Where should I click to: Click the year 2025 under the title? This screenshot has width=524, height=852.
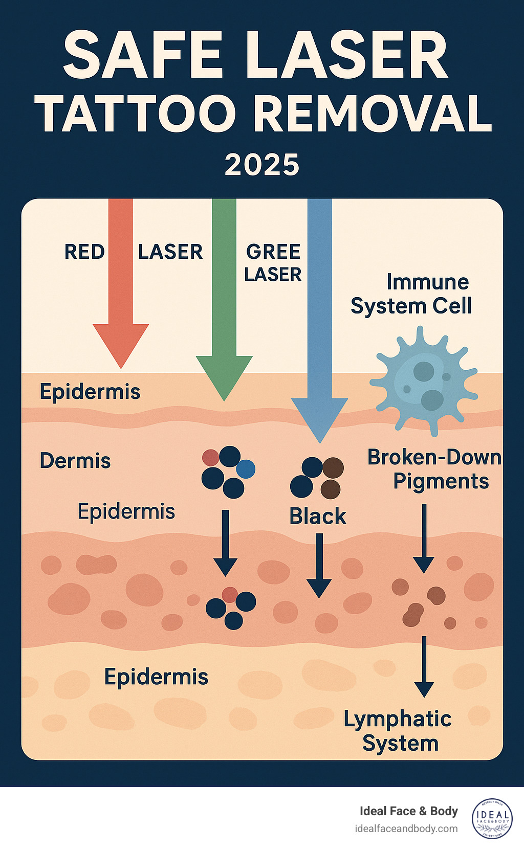(x=262, y=165)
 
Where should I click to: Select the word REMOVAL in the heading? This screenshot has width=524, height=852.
(x=373, y=114)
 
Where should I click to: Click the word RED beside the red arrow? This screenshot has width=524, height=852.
(x=84, y=252)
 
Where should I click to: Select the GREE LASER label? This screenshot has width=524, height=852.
(x=273, y=263)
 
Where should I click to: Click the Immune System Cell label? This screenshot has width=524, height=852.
(x=411, y=294)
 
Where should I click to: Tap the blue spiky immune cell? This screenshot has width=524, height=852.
(x=424, y=381)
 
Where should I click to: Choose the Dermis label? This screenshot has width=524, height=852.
(x=75, y=461)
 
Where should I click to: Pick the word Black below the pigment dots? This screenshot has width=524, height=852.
(x=318, y=516)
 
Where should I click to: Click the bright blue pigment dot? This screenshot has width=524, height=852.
(x=246, y=468)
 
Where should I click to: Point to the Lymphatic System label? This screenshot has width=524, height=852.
(x=398, y=731)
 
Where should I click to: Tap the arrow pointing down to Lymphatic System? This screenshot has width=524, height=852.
(x=424, y=667)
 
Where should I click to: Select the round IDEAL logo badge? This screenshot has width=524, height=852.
(x=492, y=819)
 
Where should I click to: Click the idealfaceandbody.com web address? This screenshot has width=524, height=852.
(x=406, y=828)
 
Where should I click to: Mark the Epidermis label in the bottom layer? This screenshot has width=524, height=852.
(x=156, y=677)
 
